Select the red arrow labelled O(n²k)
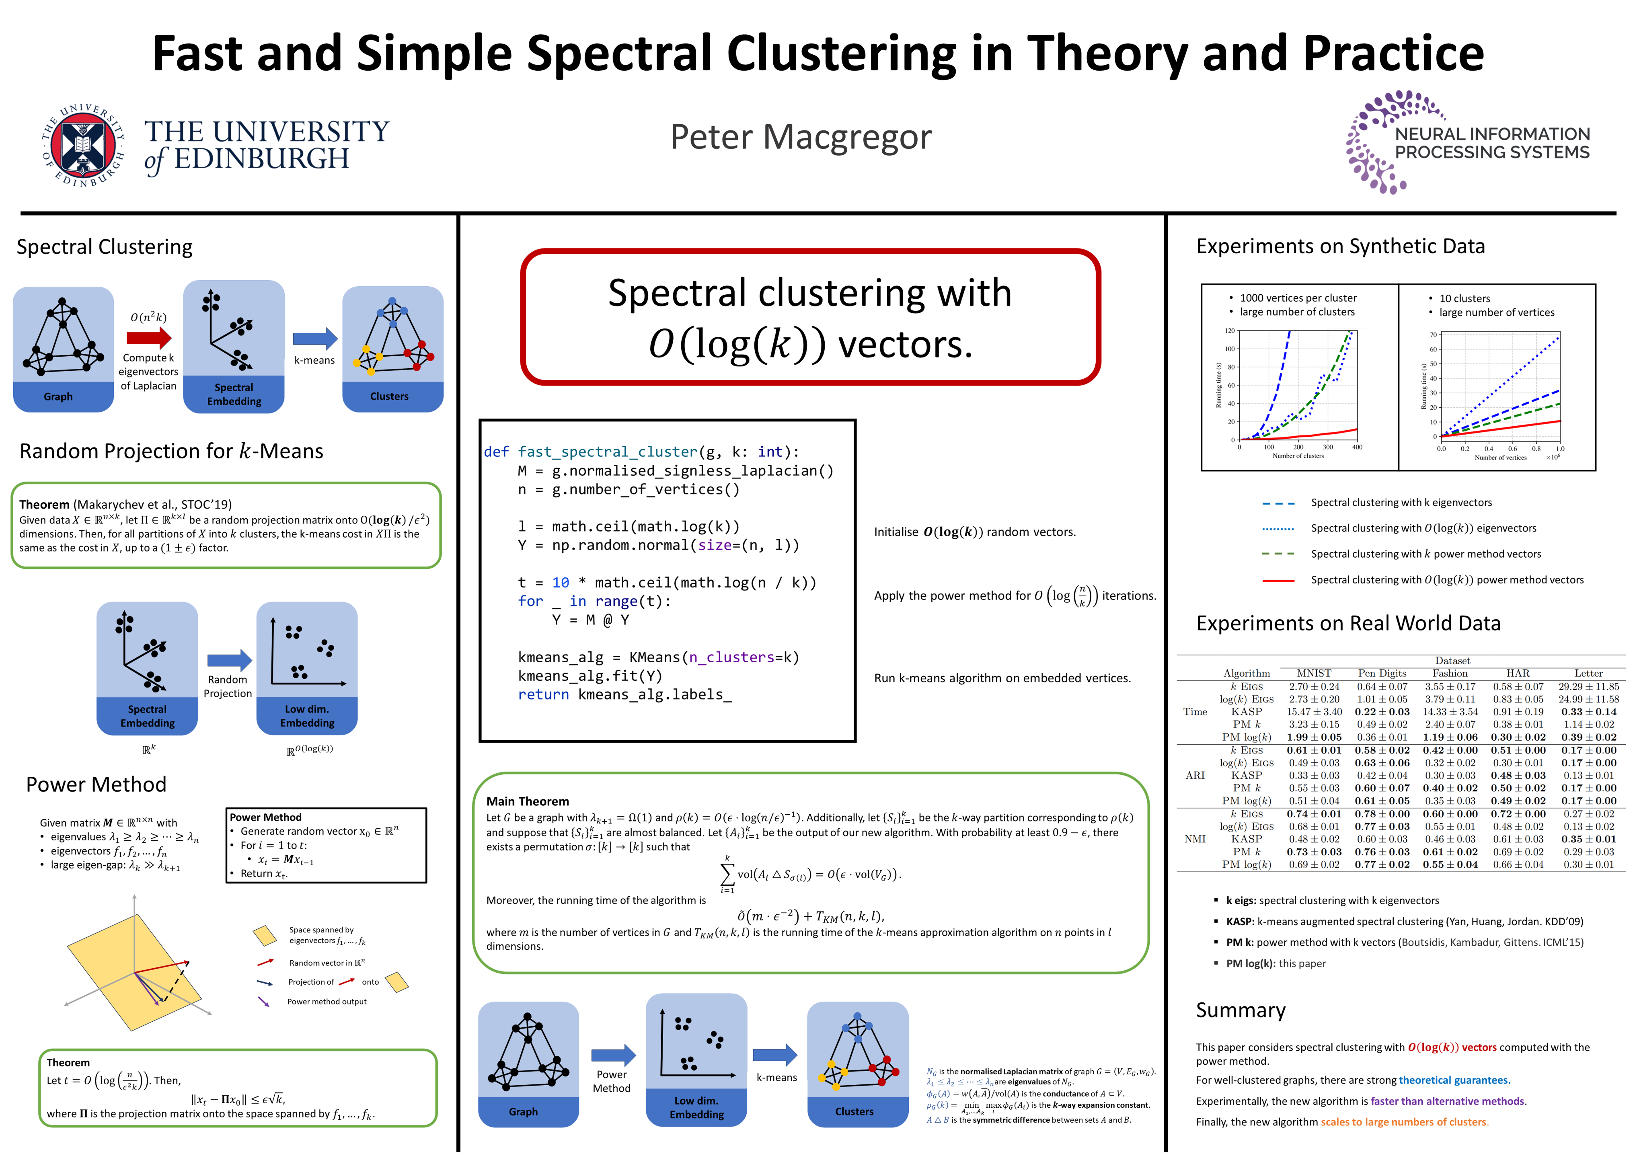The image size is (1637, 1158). pyautogui.click(x=149, y=337)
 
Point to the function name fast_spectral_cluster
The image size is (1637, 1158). pyautogui.click(x=608, y=452)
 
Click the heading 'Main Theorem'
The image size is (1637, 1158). pyautogui.click(x=528, y=801)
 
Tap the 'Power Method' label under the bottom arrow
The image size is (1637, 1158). pyautogui.click(x=612, y=1081)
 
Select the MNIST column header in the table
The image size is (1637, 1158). pyautogui.click(x=1314, y=673)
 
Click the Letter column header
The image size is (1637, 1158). pyautogui.click(x=1588, y=673)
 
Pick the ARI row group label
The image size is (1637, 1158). pyautogui.click(x=1195, y=775)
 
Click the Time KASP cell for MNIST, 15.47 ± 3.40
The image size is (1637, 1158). pyautogui.click(x=1314, y=712)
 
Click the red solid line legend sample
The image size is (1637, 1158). pyautogui.click(x=1278, y=581)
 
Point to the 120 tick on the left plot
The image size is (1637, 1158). pyautogui.click(x=1230, y=331)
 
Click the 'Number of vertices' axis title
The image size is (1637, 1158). pyautogui.click(x=1501, y=458)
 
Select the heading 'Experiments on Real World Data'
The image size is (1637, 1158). pyautogui.click(x=1348, y=623)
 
